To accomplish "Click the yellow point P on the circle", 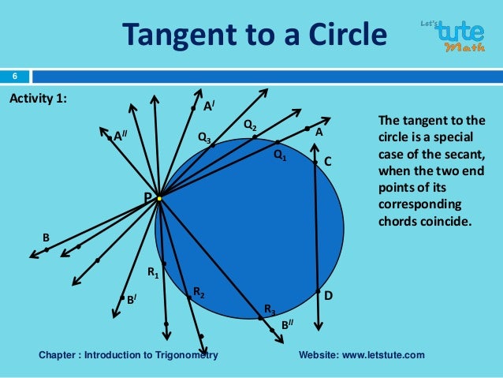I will click(158, 199).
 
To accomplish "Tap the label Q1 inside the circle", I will click(280, 155).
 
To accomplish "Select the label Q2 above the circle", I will click(249, 125).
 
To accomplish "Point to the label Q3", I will click(203, 138).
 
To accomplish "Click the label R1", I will click(154, 273).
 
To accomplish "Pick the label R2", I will click(199, 293).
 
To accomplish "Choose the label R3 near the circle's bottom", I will click(270, 309).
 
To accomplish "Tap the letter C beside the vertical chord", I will click(328, 161).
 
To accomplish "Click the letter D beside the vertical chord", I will click(329, 295).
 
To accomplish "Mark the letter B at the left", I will click(46, 237).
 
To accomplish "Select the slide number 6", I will click(13, 77).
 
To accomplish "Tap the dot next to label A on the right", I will click(307, 128).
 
